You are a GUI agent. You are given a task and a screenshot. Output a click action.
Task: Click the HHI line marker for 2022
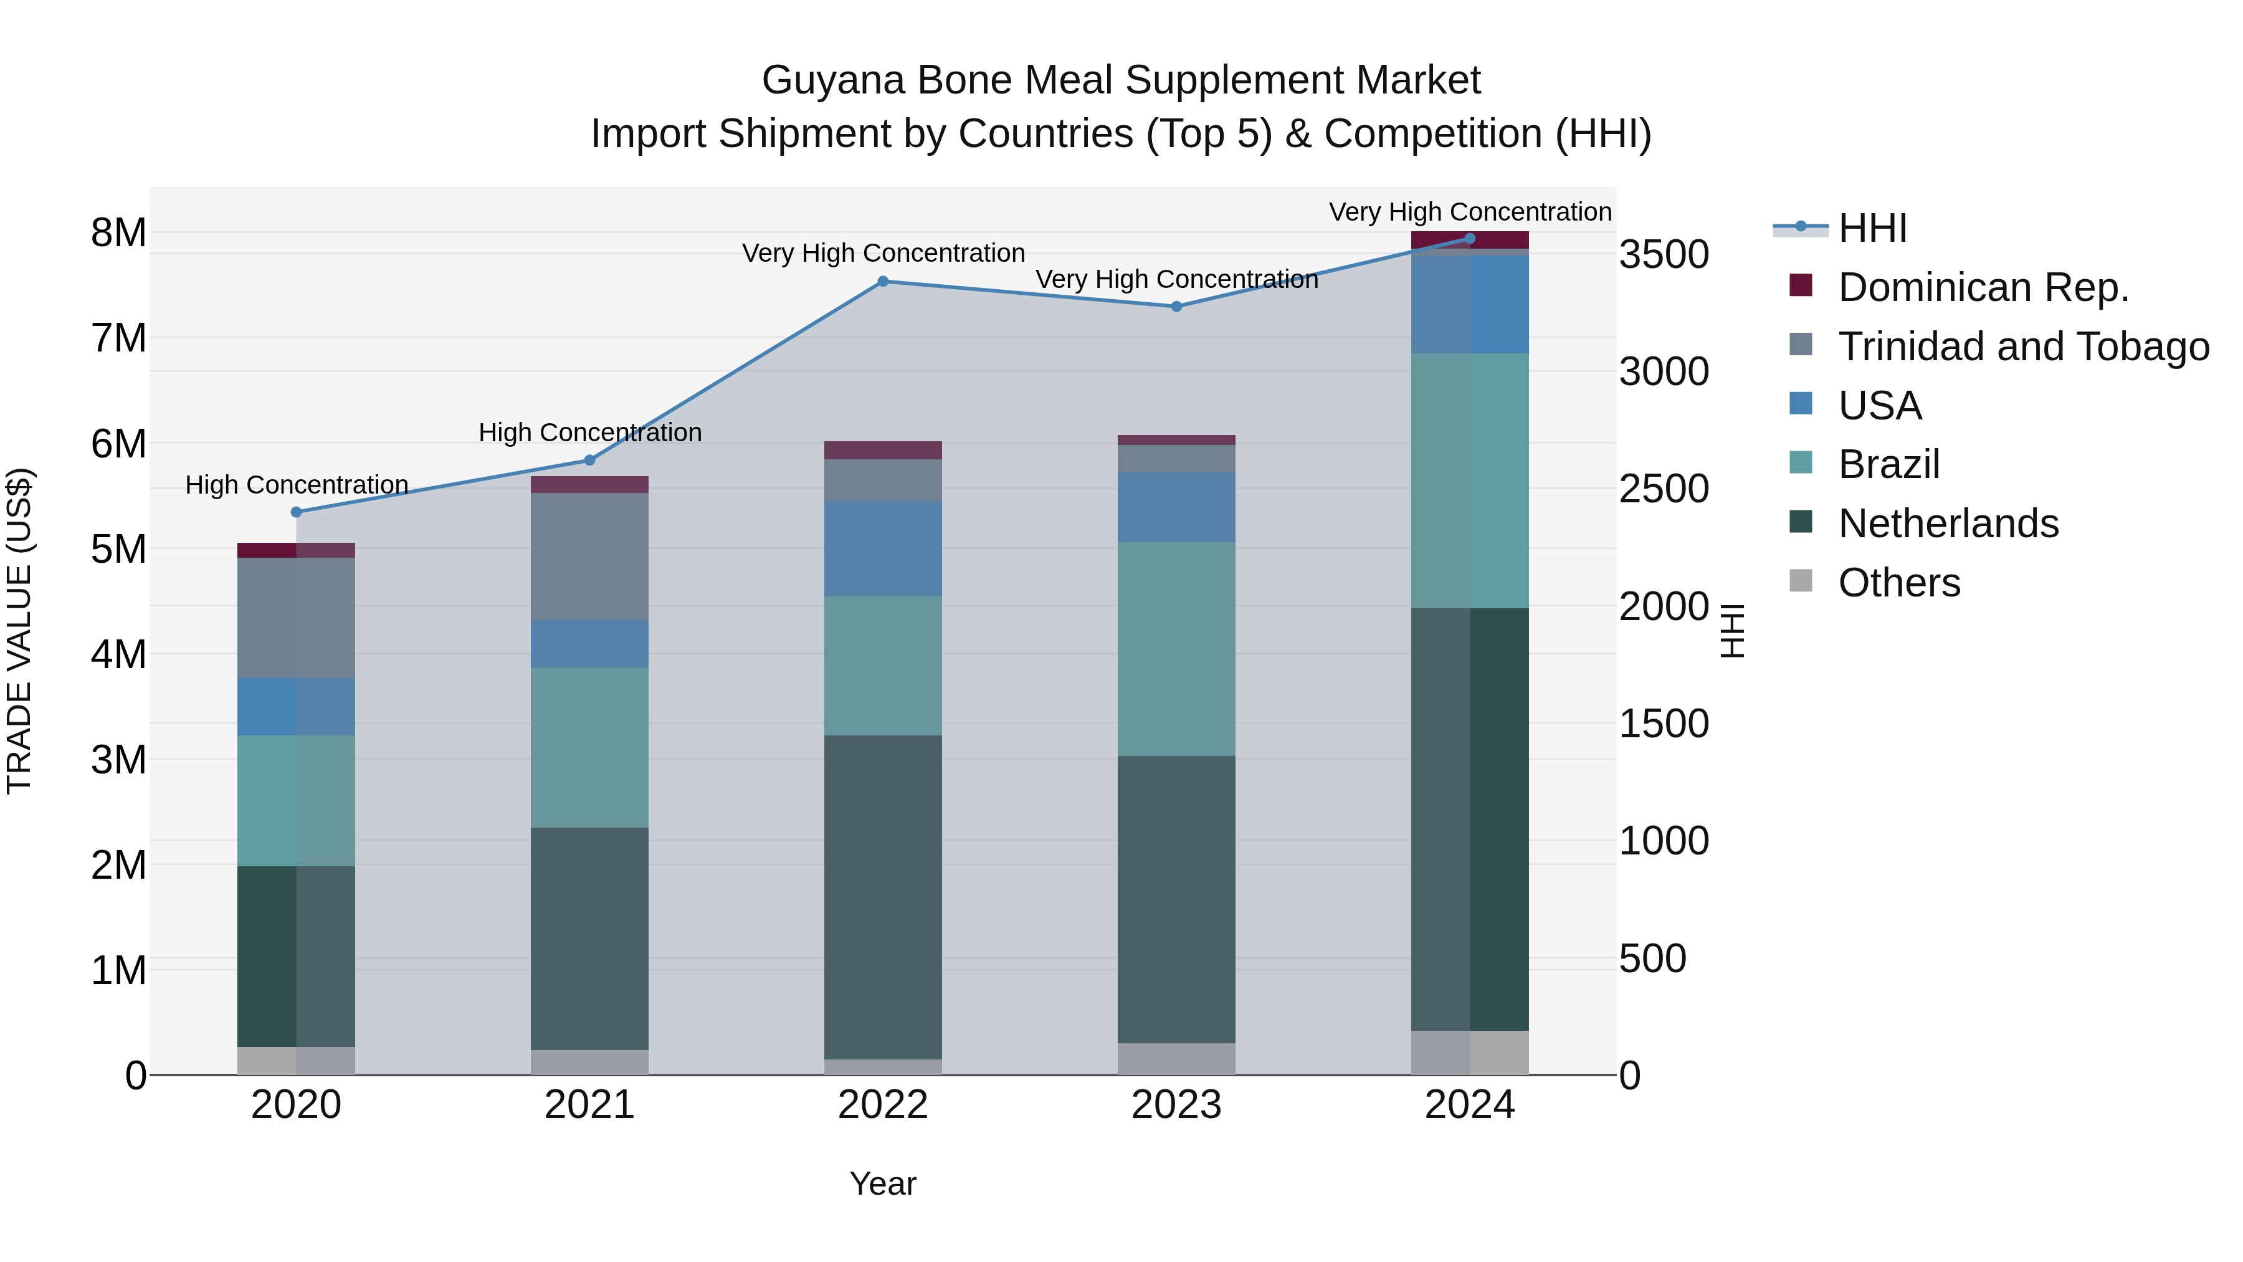coord(882,281)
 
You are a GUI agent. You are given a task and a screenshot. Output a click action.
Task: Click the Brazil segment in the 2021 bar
coord(589,747)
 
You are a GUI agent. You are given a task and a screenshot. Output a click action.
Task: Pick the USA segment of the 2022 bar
coord(882,548)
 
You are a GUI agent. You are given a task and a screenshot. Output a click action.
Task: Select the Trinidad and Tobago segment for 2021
coord(589,556)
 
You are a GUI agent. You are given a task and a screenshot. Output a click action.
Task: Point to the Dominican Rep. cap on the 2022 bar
coord(882,451)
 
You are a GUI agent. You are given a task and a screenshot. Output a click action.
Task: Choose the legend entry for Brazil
coord(1888,464)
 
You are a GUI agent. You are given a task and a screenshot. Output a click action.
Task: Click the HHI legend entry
coord(1872,228)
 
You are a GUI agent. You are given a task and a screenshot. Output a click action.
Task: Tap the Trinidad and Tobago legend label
coord(2022,347)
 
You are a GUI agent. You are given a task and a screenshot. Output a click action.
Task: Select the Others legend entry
coord(1898,583)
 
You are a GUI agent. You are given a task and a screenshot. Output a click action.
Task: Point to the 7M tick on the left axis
coord(119,338)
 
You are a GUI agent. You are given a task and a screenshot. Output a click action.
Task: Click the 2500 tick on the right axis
coord(1663,489)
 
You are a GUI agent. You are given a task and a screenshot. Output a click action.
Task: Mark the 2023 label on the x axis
coord(1176,1105)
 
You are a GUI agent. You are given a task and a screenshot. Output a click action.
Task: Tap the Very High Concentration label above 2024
coord(1469,212)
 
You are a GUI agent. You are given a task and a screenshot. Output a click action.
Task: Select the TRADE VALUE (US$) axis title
coord(19,631)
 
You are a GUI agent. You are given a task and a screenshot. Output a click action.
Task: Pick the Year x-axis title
coord(882,1183)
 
